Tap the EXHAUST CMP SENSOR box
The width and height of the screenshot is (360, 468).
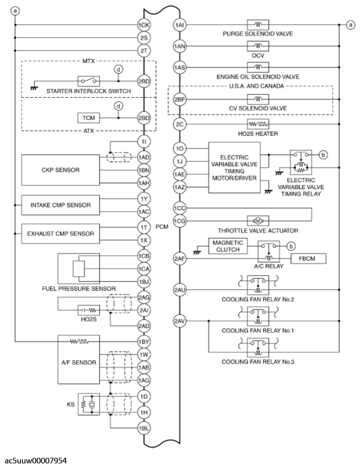[x=60, y=233]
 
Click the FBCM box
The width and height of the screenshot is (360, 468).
[x=308, y=259]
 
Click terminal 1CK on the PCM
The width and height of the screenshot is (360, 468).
[x=144, y=25]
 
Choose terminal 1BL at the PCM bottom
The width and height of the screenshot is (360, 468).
[x=144, y=428]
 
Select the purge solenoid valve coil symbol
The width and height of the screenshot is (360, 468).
[x=258, y=25]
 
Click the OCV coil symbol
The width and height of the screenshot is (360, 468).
[x=258, y=46]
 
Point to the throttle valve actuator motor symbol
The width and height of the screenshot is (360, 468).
[x=258, y=220]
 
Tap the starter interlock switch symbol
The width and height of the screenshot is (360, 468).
[x=88, y=81]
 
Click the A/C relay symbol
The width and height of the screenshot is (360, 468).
[x=267, y=250]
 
